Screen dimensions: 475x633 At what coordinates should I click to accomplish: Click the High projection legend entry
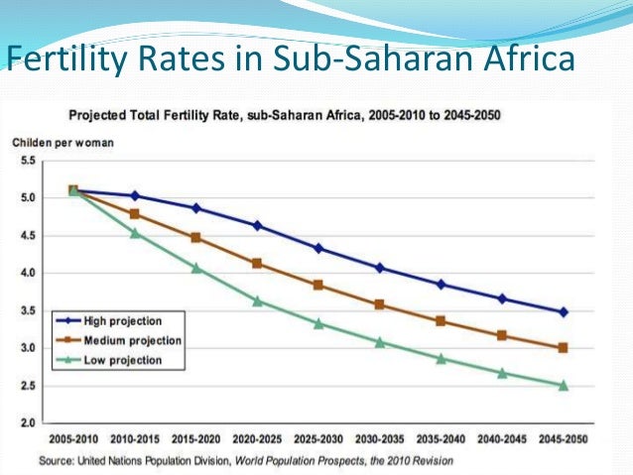116,320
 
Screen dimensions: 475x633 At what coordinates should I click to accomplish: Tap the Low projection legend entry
116,360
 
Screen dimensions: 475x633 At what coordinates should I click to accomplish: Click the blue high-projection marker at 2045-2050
564,311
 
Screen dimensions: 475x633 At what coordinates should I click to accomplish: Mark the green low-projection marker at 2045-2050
564,385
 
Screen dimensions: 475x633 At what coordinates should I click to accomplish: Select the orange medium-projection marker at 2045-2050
564,348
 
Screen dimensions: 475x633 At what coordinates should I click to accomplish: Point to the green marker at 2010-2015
135,233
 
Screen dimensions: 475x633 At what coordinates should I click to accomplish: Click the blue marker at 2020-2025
258,225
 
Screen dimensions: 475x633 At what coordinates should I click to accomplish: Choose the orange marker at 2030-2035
380,304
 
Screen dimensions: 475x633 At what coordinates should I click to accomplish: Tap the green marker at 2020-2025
258,300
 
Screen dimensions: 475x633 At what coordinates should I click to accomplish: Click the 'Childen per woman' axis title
63,142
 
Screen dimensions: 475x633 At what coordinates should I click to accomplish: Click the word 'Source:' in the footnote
56,461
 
